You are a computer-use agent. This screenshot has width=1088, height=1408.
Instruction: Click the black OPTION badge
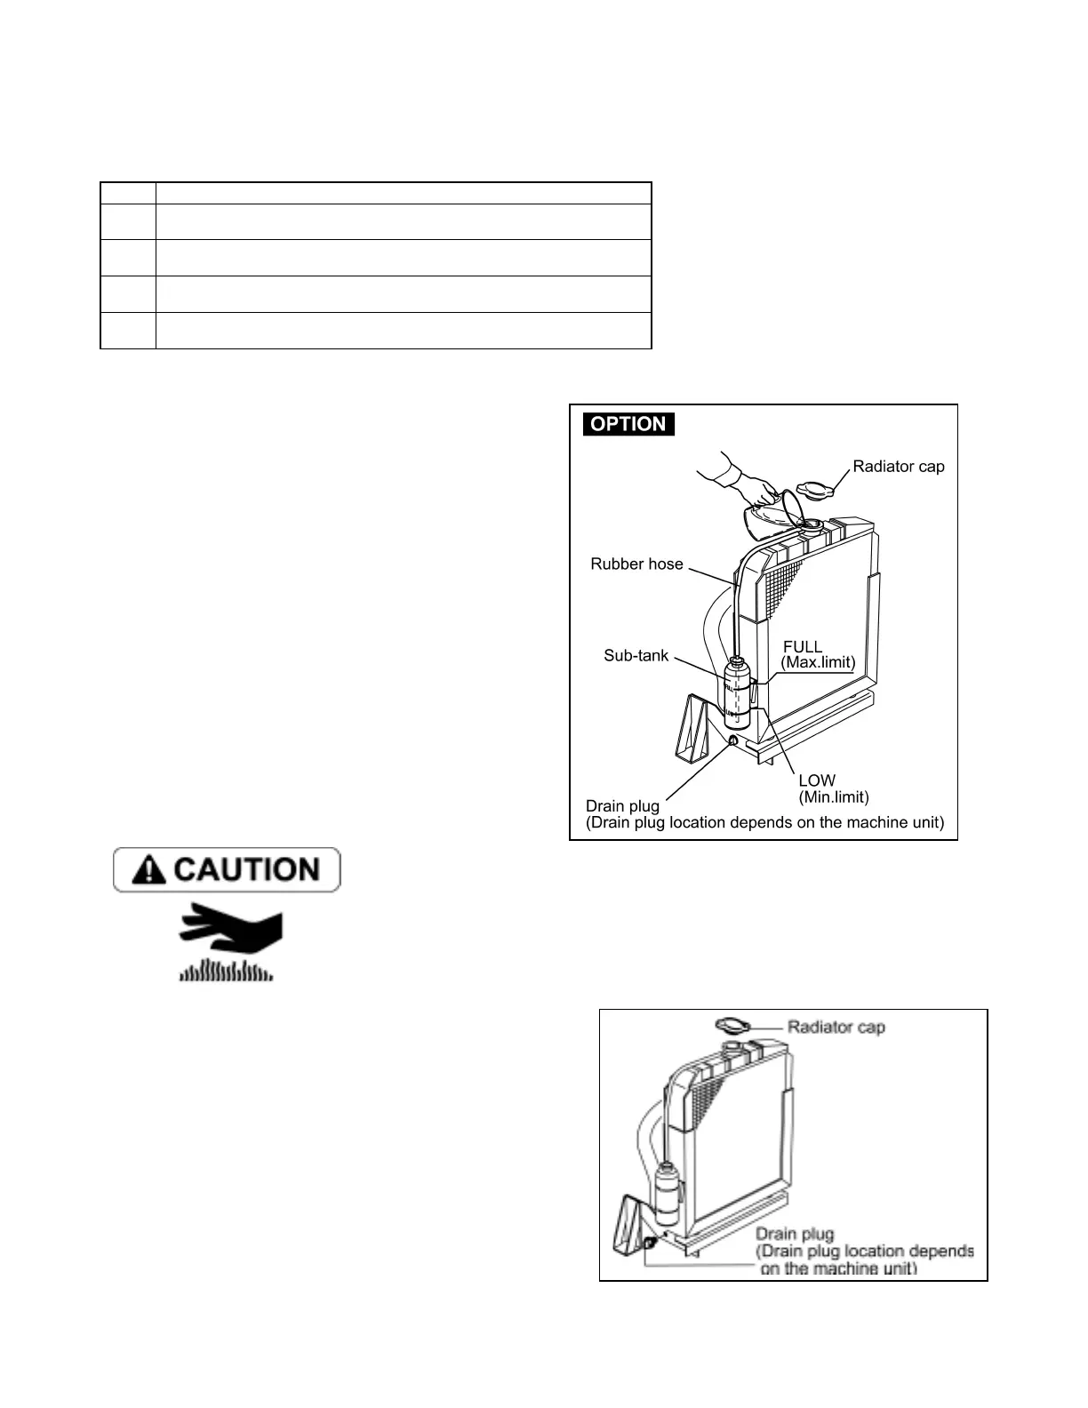point(628,424)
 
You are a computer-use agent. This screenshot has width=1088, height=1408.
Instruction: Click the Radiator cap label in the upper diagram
point(898,467)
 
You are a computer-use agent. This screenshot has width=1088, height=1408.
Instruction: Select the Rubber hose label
point(636,564)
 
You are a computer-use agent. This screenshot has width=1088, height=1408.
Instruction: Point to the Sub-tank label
point(636,657)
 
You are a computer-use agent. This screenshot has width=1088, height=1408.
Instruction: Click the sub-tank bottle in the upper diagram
point(736,693)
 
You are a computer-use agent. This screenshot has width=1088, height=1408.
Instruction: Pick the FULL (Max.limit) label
point(817,655)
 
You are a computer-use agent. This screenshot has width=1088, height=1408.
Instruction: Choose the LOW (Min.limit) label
point(833,788)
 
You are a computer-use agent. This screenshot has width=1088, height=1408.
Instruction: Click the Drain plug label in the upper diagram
point(622,806)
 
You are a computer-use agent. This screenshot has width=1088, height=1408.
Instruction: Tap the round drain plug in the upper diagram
point(733,740)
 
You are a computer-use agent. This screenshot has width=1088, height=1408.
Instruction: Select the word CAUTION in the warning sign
point(246,869)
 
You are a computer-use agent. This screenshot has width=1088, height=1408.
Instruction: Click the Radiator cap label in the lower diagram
point(836,1028)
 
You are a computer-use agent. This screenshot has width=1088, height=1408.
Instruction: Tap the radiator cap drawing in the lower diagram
point(732,1025)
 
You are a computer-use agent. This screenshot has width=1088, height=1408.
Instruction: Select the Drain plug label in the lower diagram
point(794,1235)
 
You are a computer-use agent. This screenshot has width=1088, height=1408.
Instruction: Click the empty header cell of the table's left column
point(128,193)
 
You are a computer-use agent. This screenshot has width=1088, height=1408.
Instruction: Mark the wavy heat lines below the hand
point(226,970)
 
